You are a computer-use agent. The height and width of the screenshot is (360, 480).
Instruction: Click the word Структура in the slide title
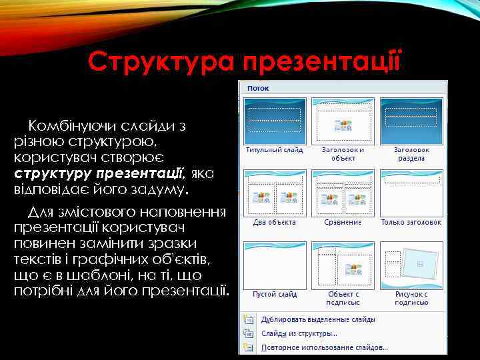(x=162, y=63)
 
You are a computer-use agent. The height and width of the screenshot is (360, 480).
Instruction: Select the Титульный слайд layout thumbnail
(x=275, y=121)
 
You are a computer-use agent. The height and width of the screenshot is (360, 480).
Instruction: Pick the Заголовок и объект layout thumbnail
(x=343, y=121)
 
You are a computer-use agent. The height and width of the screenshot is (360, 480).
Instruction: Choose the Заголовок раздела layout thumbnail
(x=411, y=121)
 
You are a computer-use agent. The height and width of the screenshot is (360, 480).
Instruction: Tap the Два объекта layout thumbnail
(x=275, y=192)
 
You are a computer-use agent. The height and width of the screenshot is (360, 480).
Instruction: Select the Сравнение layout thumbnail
(x=343, y=192)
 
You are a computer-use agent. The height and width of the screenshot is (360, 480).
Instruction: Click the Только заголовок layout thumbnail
(x=411, y=192)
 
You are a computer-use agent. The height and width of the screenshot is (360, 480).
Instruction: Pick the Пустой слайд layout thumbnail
(x=275, y=264)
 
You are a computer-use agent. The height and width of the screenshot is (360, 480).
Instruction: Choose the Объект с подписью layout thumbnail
(x=343, y=264)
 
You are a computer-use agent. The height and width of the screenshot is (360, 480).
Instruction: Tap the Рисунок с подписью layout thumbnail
(x=411, y=264)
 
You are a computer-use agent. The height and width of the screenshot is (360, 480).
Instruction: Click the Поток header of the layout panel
(x=257, y=87)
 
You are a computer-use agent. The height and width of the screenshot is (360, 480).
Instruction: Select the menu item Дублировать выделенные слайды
(x=317, y=319)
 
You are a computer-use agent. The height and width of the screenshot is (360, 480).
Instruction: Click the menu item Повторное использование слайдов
(x=324, y=347)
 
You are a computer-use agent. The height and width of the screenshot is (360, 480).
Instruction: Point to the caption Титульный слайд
(x=274, y=150)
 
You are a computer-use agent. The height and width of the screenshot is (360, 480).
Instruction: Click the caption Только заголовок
(x=411, y=222)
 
